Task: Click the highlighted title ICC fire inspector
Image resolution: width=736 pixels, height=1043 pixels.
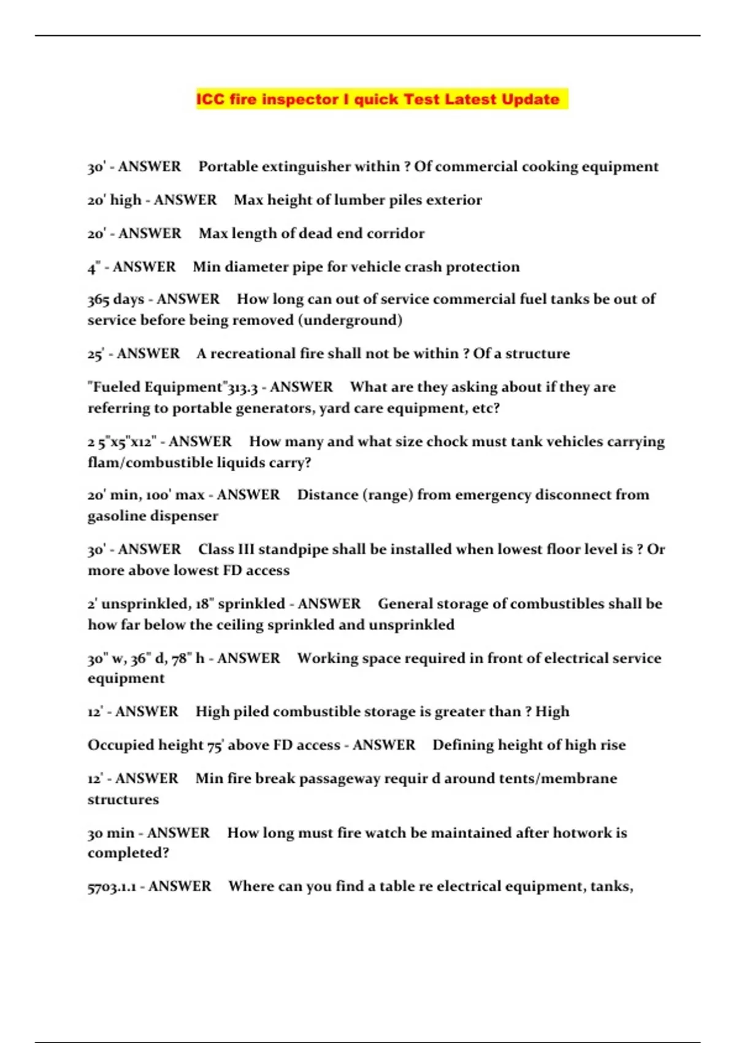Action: coord(378,99)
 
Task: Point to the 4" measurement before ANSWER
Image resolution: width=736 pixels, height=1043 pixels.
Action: coord(93,267)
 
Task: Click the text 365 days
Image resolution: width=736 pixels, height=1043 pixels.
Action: coord(116,299)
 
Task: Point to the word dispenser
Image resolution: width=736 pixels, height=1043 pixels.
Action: coord(183,516)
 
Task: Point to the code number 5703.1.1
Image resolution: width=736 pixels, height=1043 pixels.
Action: coord(112,887)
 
